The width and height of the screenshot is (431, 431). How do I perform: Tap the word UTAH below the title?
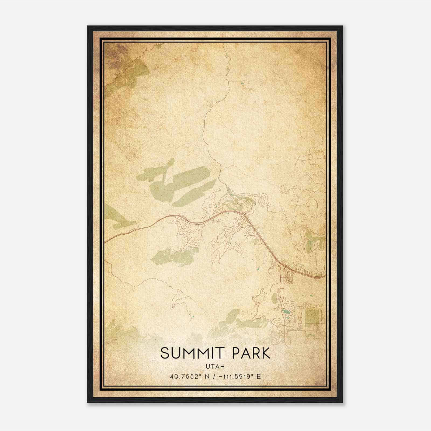click(215, 367)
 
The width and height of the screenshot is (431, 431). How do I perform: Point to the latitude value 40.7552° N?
click(189, 376)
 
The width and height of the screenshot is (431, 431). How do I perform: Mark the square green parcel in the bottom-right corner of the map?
click(312, 316)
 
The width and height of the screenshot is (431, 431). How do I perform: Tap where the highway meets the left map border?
click(105, 241)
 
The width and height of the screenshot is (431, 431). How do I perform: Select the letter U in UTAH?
click(208, 367)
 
